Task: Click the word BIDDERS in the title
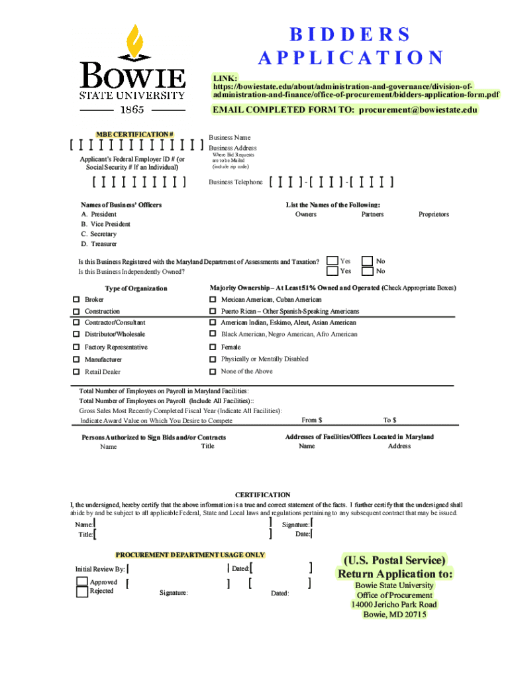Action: point(350,34)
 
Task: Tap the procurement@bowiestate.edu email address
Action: point(418,110)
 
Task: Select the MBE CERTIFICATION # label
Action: point(136,135)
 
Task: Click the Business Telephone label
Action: point(236,182)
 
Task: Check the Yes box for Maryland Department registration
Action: point(332,261)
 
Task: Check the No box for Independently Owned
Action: point(367,271)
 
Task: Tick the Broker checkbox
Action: point(76,300)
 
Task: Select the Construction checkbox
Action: point(76,311)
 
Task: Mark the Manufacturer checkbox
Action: point(76,359)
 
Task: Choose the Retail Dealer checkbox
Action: point(76,372)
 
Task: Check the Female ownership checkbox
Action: point(213,347)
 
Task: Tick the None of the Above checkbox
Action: point(213,371)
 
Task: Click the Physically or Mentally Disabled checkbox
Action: point(213,359)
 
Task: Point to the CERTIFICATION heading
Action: point(263,495)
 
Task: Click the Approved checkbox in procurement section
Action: point(82,582)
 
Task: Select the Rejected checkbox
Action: point(82,592)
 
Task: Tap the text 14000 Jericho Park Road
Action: point(394,605)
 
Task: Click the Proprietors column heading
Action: point(433,214)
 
